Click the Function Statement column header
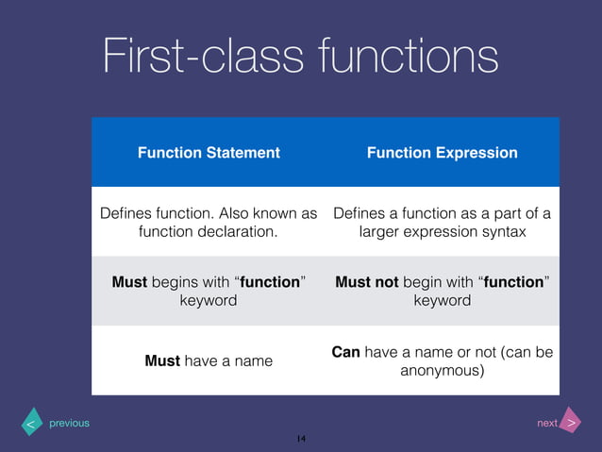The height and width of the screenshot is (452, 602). (209, 152)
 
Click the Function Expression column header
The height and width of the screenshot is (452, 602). (442, 152)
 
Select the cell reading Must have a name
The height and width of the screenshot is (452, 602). (209, 360)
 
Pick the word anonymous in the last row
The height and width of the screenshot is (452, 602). (442, 371)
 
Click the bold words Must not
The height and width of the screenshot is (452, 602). (367, 282)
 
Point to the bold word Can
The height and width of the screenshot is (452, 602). (346, 352)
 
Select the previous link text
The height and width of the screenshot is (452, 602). (69, 423)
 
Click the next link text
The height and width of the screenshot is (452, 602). (546, 423)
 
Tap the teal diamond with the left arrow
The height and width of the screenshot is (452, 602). (31, 424)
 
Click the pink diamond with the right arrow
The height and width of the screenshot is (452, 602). (571, 422)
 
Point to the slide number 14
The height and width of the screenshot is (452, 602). (301, 439)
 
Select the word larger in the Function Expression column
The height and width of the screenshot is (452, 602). (381, 231)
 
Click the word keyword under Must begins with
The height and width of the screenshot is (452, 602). (209, 300)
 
